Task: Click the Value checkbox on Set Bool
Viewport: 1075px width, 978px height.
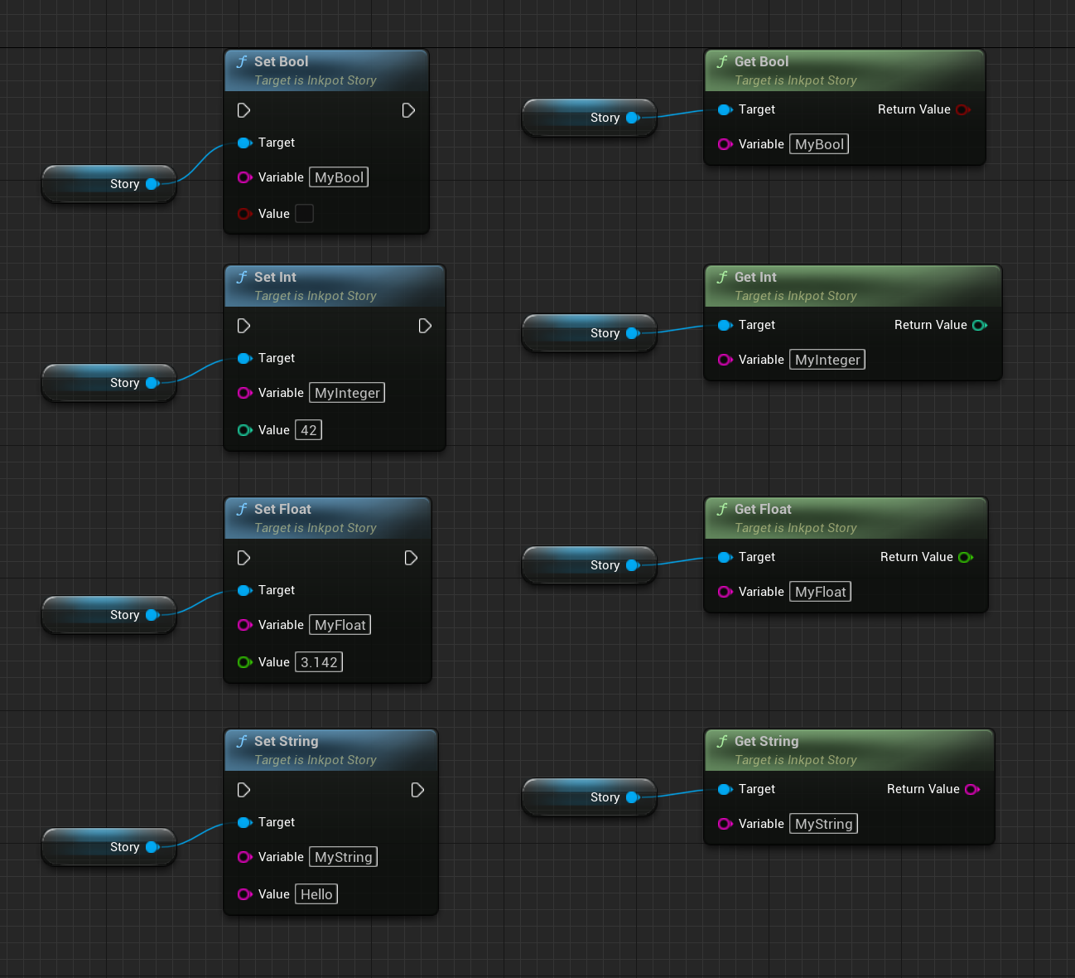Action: (305, 214)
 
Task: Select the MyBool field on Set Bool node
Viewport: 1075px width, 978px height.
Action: (339, 177)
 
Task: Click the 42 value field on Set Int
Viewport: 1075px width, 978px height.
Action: (309, 430)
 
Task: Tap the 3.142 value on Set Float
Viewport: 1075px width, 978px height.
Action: (319, 662)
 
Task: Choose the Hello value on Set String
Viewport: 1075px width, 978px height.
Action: (316, 894)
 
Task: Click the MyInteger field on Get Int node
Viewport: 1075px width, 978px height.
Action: (827, 360)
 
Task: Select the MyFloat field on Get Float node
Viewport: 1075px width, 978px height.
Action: (820, 592)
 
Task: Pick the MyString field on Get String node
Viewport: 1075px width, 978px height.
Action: (823, 824)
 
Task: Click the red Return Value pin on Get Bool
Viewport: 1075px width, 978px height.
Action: (962, 109)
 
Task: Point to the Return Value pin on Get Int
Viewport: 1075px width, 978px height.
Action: (979, 325)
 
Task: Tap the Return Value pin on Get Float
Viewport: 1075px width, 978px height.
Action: (965, 557)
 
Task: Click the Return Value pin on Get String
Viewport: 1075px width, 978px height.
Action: (971, 789)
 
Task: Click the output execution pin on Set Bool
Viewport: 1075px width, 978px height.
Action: (408, 110)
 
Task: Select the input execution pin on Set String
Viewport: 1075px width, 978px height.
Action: (243, 790)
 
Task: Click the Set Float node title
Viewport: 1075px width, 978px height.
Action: (282, 509)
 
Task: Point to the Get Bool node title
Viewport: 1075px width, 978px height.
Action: (761, 61)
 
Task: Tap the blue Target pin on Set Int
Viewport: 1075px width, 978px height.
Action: (244, 358)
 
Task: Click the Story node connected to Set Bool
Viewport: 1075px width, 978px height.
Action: (108, 184)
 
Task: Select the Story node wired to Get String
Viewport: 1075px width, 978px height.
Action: (589, 797)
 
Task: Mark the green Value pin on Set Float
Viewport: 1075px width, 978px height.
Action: (244, 662)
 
